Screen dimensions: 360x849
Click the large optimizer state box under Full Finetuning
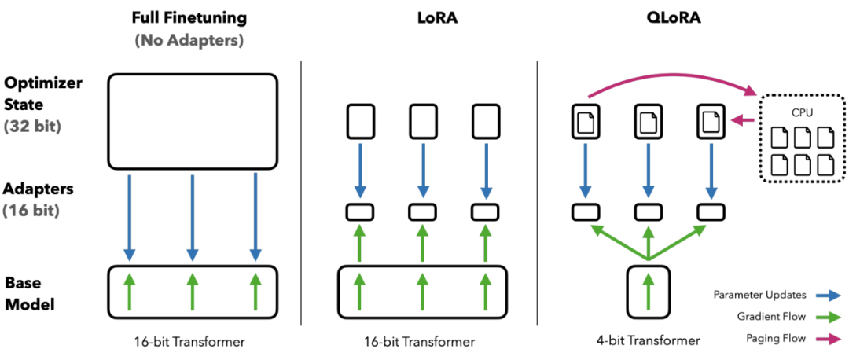(192, 121)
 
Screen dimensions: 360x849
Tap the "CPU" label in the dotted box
(802, 112)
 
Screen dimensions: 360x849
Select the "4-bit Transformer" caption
(648, 341)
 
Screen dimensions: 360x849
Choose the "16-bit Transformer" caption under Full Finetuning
(192, 341)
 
